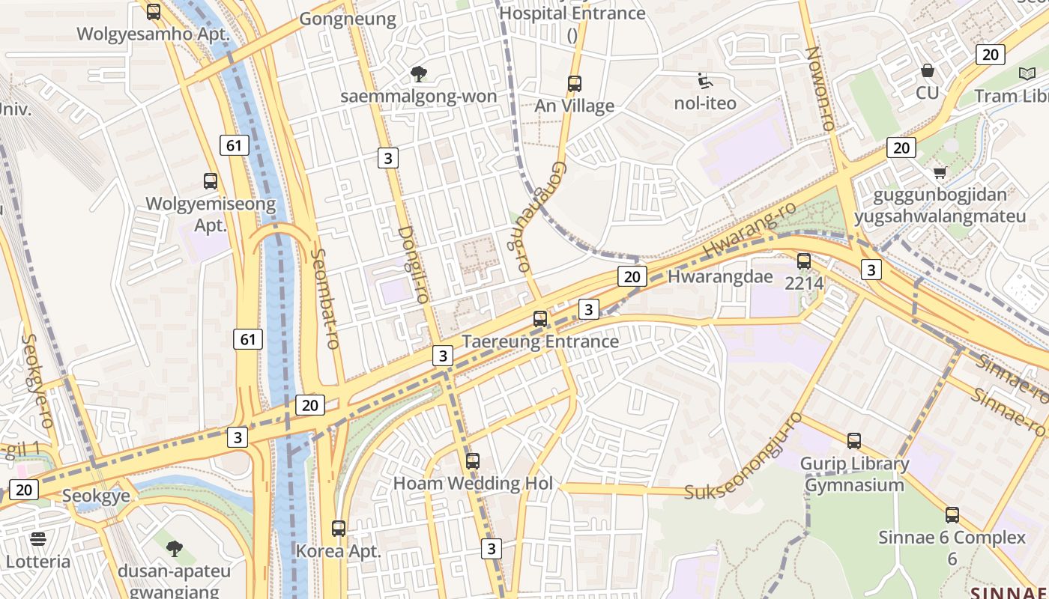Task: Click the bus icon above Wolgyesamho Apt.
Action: pos(154,12)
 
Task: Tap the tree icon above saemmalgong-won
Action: pos(419,74)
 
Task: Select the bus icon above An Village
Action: pos(575,84)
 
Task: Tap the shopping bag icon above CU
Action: pos(928,71)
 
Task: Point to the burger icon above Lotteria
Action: pos(38,539)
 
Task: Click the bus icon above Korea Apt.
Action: pos(339,529)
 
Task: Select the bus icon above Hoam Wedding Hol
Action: pos(473,461)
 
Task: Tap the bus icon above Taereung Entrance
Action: pos(540,319)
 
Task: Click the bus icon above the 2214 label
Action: pos(804,261)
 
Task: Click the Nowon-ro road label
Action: pos(820,88)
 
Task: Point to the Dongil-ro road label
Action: pos(413,264)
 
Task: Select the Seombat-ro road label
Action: pos(324,298)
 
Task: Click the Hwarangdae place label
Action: pos(709,276)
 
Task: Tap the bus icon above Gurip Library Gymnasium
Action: pos(854,441)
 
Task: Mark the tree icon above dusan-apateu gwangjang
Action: pos(175,549)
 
